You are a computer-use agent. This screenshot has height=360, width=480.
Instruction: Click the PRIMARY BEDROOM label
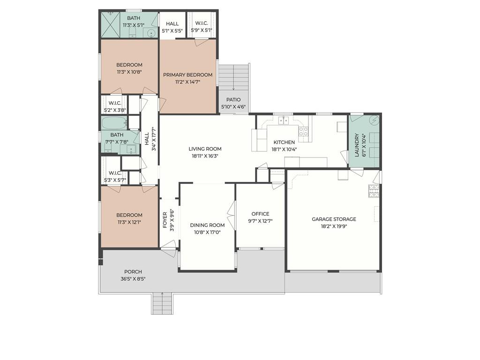tap(187, 75)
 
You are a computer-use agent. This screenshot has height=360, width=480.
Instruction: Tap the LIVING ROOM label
tap(205, 149)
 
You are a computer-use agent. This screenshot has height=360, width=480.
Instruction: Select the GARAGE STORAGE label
tap(334, 219)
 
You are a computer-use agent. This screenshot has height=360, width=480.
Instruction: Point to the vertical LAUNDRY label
tap(357, 145)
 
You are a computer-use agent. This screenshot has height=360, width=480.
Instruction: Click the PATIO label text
tap(233, 100)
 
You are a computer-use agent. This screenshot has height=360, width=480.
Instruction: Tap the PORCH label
tap(133, 272)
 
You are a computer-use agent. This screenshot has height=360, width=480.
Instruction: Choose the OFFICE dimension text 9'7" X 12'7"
tap(260, 221)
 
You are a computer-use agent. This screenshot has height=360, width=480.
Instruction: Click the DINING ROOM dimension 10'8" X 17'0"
tap(207, 232)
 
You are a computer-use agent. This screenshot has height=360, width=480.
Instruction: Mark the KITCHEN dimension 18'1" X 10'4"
tap(284, 150)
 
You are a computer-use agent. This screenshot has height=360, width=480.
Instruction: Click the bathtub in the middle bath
tap(114, 123)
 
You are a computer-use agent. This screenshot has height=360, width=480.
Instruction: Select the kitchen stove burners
tap(303, 131)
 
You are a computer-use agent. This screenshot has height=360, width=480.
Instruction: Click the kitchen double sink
tap(284, 120)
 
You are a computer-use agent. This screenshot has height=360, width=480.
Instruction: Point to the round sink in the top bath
tap(150, 33)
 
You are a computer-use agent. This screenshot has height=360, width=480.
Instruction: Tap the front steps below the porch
tap(162, 303)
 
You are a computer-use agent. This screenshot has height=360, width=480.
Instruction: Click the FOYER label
tap(165, 220)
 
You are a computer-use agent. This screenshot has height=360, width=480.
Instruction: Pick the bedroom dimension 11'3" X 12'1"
tap(129, 223)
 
